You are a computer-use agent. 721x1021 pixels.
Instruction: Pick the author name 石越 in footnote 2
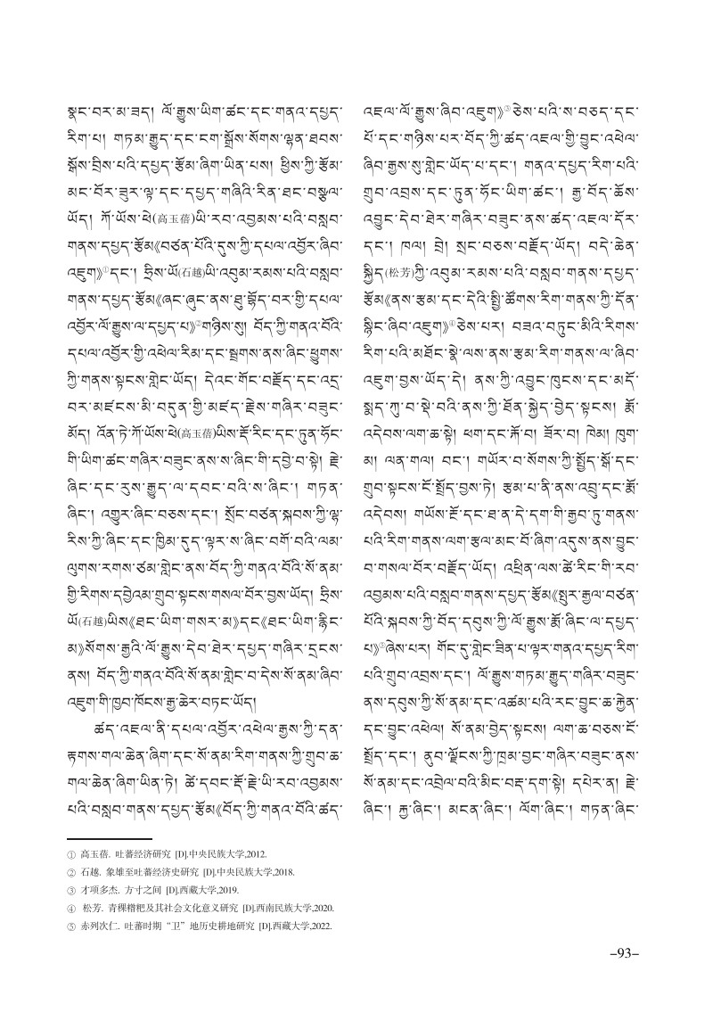[87, 870]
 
